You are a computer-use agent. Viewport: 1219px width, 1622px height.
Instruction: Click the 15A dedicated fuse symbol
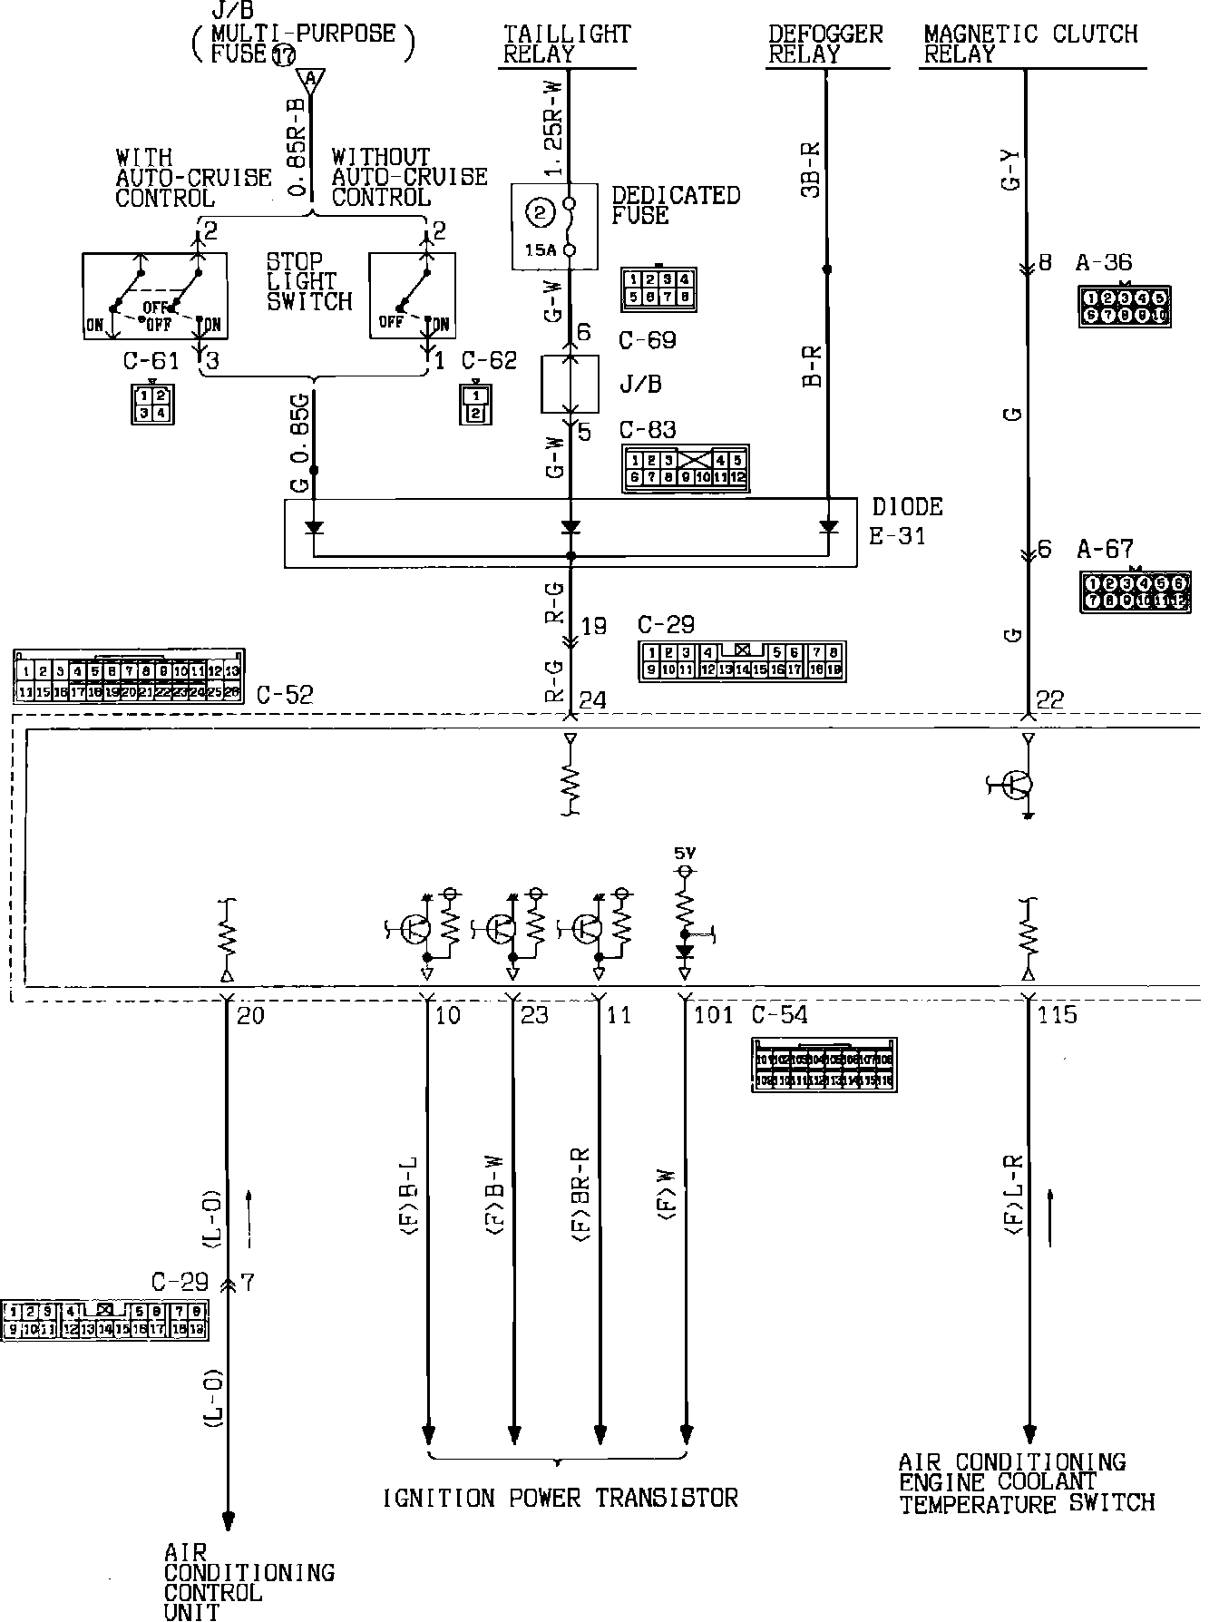tap(554, 226)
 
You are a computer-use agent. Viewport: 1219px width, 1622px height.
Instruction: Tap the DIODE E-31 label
tap(905, 520)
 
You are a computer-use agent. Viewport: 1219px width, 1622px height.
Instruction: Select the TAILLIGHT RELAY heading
tap(567, 44)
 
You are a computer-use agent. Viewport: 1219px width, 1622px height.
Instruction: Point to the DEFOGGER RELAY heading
tap(825, 44)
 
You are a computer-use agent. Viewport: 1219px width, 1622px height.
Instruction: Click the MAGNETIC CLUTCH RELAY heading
tap(1030, 44)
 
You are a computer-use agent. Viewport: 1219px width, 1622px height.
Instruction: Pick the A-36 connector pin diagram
tap(1124, 307)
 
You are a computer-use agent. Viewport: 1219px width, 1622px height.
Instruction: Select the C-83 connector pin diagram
tap(685, 468)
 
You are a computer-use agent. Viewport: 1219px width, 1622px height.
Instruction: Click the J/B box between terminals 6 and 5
tap(570, 384)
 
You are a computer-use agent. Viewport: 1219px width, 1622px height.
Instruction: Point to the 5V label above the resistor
tap(684, 852)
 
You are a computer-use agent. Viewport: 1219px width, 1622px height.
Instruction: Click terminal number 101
tap(713, 1014)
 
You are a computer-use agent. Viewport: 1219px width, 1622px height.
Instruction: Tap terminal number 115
tap(1058, 1014)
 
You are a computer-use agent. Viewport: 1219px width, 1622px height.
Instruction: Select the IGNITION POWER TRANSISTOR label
tap(561, 1498)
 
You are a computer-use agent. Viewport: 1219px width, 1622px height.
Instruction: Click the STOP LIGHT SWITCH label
tap(309, 281)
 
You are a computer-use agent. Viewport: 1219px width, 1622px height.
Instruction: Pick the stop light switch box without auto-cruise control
tap(413, 296)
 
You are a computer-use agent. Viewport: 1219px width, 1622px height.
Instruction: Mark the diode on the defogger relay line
tap(828, 526)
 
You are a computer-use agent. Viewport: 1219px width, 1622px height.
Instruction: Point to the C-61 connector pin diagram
tap(151, 404)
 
